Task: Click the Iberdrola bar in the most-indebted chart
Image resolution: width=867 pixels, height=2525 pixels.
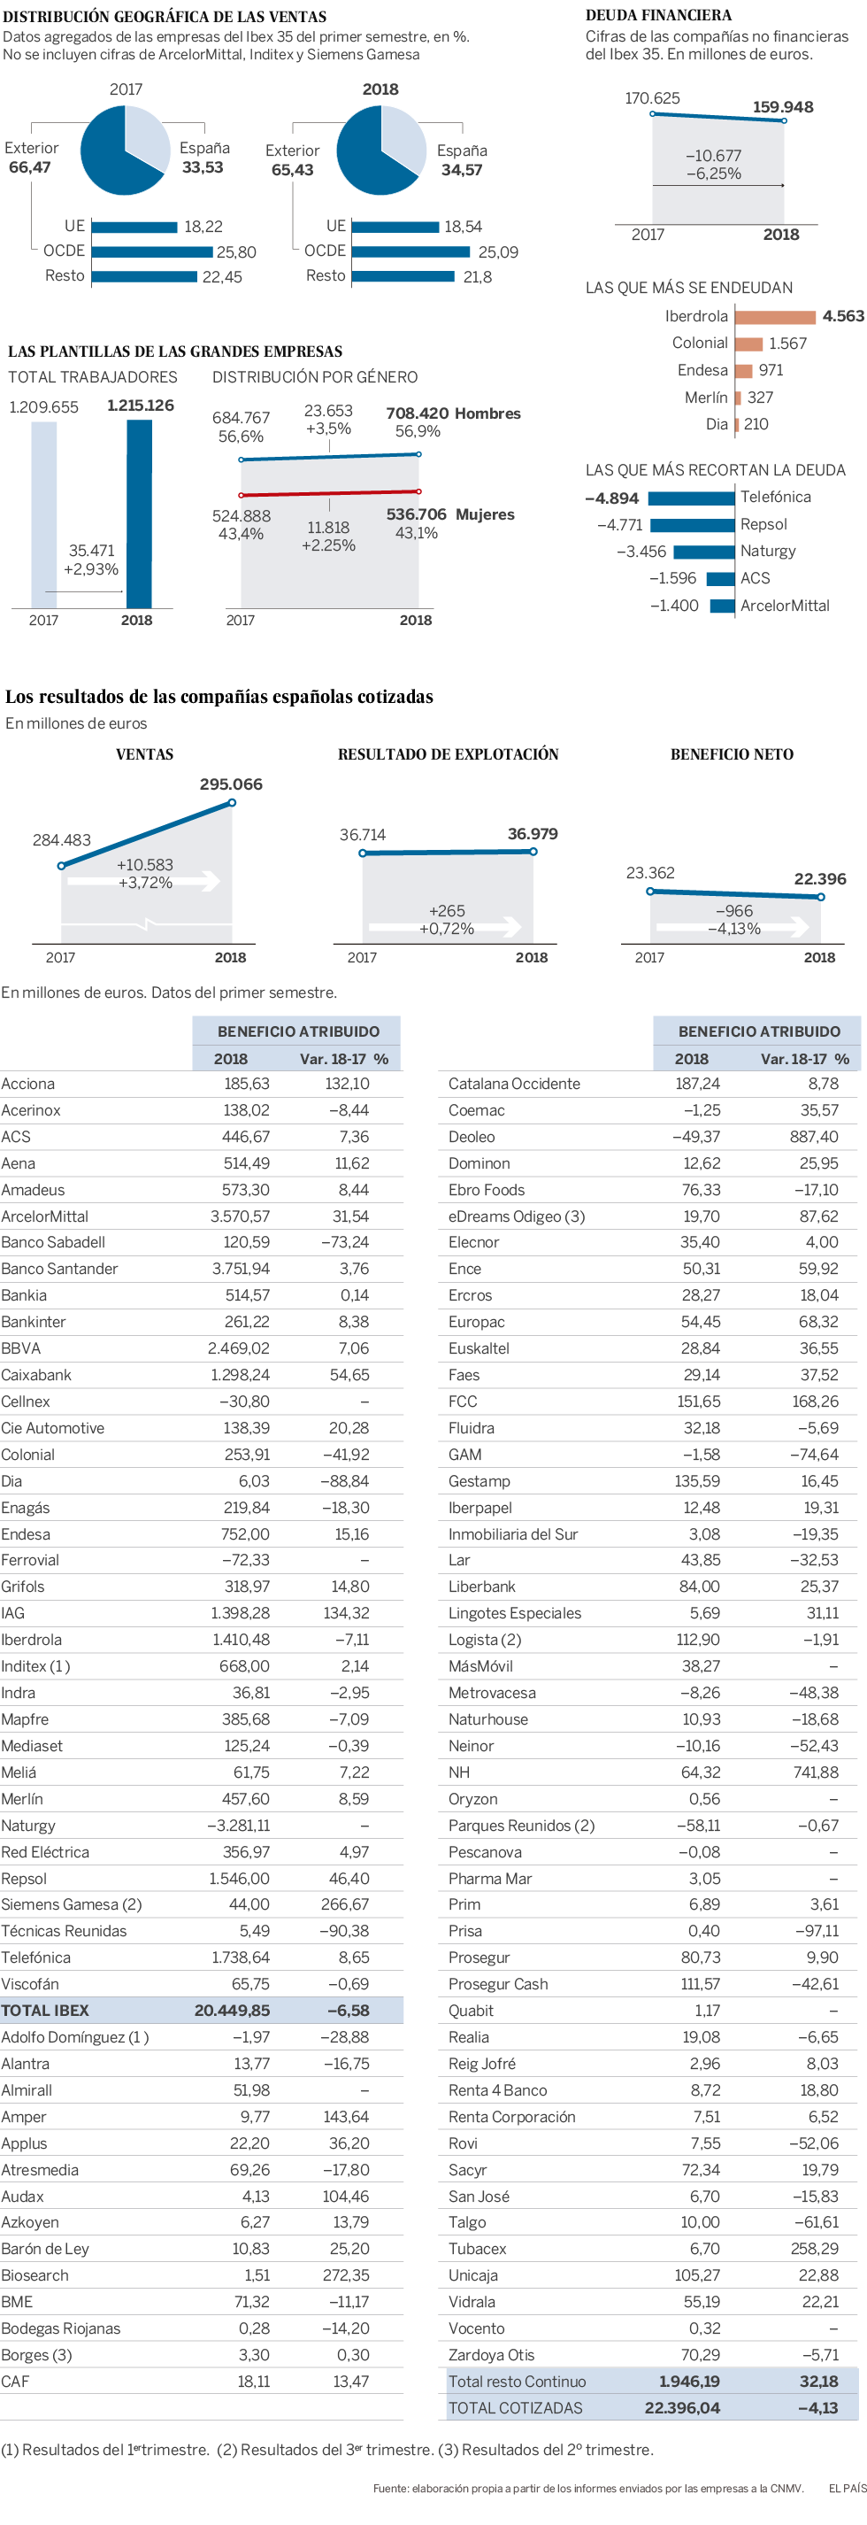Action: coord(774,317)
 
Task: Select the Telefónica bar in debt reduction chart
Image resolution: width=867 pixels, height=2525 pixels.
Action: coord(691,498)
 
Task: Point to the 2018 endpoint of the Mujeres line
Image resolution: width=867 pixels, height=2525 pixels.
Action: coord(418,491)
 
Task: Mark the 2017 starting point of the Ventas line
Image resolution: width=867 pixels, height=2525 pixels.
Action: coord(62,866)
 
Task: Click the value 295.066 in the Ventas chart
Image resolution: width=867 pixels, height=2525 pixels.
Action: coord(231,784)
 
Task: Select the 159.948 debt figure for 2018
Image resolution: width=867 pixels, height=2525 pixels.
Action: coord(783,107)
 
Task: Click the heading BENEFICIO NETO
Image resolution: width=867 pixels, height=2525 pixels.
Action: coord(732,753)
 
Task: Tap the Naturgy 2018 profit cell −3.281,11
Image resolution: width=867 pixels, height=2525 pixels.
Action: coord(238,1826)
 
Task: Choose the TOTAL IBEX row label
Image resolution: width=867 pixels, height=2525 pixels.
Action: coord(45,2011)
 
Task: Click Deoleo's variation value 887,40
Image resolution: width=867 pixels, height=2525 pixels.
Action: coord(814,1136)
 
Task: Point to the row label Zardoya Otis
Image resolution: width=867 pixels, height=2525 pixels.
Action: coord(491,2354)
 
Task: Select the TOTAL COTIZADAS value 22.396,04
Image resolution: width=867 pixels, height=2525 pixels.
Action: coord(682,2407)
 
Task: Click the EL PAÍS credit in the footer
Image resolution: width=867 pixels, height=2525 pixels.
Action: coord(848,2488)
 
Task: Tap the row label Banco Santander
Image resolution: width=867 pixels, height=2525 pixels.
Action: coord(60,1269)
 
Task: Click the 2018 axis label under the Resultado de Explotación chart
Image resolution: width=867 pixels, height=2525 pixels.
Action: coord(532,958)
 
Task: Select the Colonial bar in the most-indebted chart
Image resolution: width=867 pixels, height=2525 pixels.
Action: coord(748,344)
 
